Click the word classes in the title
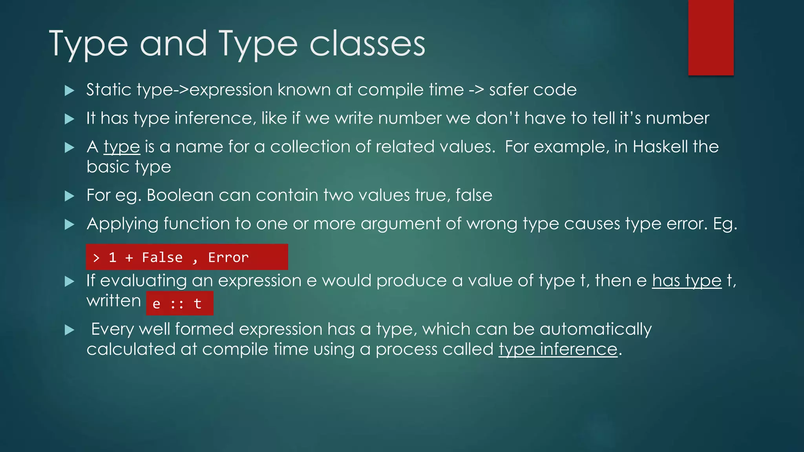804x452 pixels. coord(367,44)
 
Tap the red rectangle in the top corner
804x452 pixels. coord(711,37)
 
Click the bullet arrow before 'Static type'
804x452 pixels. coord(69,91)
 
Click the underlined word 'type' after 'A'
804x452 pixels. coord(122,147)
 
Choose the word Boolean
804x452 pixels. coord(180,195)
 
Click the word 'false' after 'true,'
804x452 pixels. coord(473,195)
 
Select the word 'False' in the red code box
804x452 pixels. coord(162,257)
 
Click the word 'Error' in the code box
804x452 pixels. coord(228,257)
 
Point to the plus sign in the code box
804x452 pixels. coord(129,258)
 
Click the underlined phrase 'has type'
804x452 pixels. coord(687,281)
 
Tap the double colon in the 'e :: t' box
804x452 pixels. coord(177,304)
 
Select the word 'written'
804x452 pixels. coord(113,301)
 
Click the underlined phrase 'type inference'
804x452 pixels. coord(558,349)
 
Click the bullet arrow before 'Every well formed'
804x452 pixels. coord(69,330)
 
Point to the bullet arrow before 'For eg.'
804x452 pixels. coord(69,196)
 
